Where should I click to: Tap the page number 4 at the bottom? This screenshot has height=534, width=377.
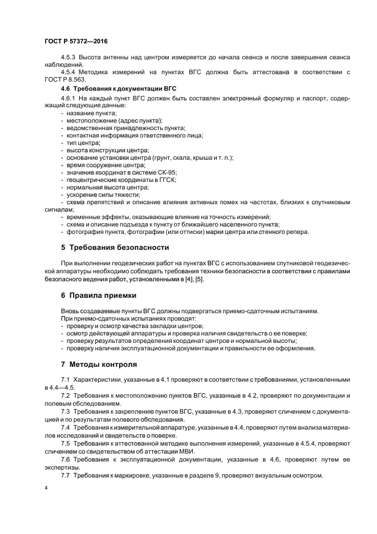click(46, 488)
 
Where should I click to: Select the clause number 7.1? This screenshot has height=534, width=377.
click(65, 380)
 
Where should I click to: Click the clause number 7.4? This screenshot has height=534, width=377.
click(65, 427)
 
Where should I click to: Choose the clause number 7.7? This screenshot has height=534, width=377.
click(65, 476)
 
